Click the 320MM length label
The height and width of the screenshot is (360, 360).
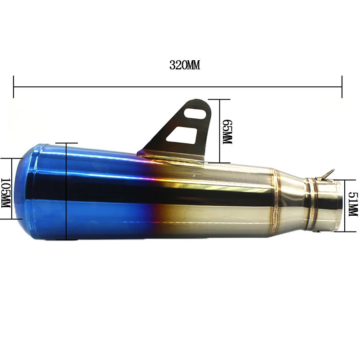(184, 65)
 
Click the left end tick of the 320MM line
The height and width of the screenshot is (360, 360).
(14, 86)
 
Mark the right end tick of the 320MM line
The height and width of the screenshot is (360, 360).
(342, 86)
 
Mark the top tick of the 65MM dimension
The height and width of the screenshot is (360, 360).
(220, 99)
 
